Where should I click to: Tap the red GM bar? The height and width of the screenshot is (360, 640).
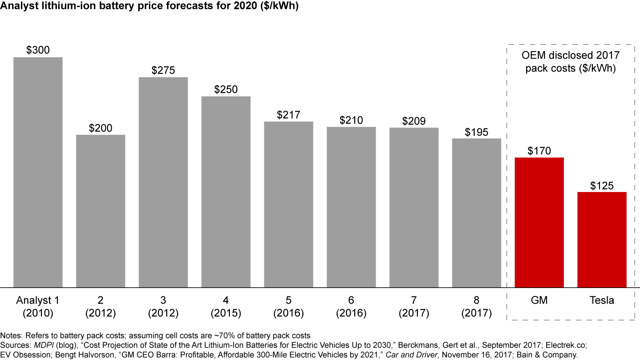[x=539, y=222]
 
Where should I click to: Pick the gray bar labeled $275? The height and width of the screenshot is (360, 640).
[x=163, y=182]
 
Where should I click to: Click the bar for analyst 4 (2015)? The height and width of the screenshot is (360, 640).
[x=226, y=192]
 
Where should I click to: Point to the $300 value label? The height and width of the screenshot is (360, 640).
[x=38, y=50]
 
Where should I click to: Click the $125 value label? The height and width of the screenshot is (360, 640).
[x=602, y=185]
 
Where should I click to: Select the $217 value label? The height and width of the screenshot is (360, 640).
[x=288, y=115]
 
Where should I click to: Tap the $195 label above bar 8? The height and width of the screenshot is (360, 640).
[x=476, y=132]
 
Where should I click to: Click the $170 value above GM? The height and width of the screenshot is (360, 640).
[x=539, y=151]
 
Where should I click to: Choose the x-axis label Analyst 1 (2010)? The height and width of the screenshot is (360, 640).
[x=38, y=307]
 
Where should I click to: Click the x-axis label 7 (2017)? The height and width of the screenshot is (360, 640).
[x=414, y=307]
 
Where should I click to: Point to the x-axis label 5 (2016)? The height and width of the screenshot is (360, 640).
[x=288, y=307]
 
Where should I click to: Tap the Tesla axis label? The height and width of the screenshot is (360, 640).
[x=602, y=300]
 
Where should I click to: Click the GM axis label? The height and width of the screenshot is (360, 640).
[x=539, y=300]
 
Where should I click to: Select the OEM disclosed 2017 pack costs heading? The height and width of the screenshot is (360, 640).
[x=570, y=62]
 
